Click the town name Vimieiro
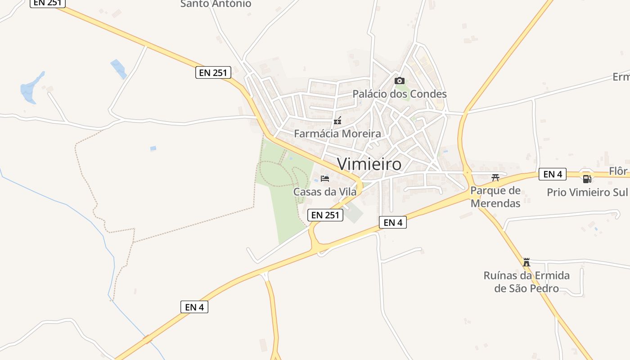(x=369, y=164)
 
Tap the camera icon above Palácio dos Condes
(x=399, y=81)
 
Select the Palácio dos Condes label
(x=399, y=94)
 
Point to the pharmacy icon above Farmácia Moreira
(x=337, y=121)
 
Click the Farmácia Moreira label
(x=337, y=134)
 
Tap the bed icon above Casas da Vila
(x=325, y=178)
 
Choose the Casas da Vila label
(x=325, y=192)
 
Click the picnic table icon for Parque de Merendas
(x=495, y=177)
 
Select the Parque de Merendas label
(x=495, y=197)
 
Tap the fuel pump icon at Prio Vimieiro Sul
(x=587, y=179)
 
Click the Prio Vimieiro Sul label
(x=587, y=192)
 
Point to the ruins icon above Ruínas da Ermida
(x=526, y=262)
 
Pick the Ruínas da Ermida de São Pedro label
(x=526, y=282)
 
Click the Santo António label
(x=216, y=4)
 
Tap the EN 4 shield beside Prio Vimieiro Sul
(x=552, y=174)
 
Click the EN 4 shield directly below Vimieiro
(x=393, y=222)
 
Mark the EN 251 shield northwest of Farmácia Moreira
(x=213, y=72)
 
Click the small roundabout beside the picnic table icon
(x=468, y=172)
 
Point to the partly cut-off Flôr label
(x=619, y=171)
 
